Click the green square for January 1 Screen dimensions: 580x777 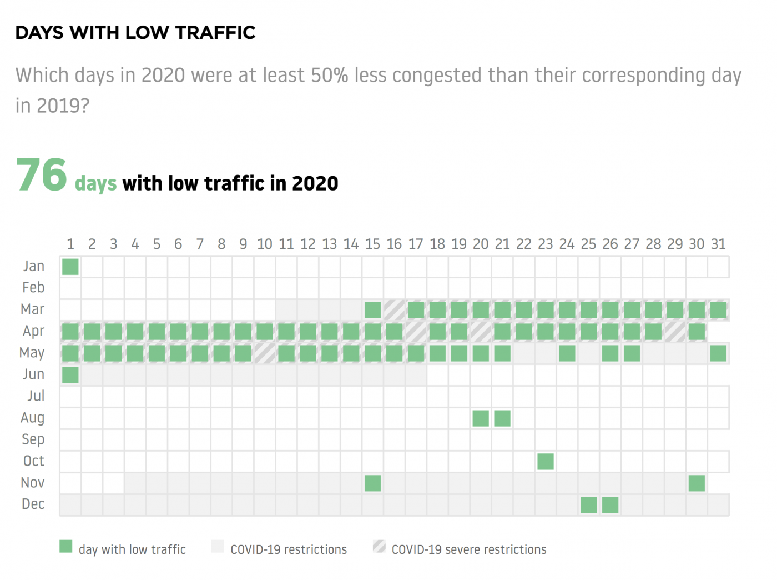coord(70,267)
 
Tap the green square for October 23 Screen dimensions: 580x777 coord(546,462)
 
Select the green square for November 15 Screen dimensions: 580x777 coord(373,483)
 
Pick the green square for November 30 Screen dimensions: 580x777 coord(697,483)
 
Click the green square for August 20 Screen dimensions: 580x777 coord(481,418)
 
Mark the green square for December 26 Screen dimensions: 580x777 coord(610,505)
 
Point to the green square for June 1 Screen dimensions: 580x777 coord(70,375)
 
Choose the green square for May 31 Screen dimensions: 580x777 coord(718,353)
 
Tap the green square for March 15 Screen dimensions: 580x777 coord(373,310)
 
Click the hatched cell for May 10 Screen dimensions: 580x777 coord(265,353)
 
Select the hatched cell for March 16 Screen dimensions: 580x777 coord(395,310)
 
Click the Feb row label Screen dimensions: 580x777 coord(33,288)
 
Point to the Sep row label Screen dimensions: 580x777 coord(33,439)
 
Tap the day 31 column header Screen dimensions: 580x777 coord(718,244)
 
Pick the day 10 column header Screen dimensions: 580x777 coord(265,244)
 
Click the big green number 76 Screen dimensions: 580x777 coord(42,175)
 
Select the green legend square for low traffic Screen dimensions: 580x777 coord(66,547)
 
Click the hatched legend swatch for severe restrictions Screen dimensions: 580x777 coord(380,547)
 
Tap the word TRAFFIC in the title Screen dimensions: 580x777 coord(215,33)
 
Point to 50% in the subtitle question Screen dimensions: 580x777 coord(329,76)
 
